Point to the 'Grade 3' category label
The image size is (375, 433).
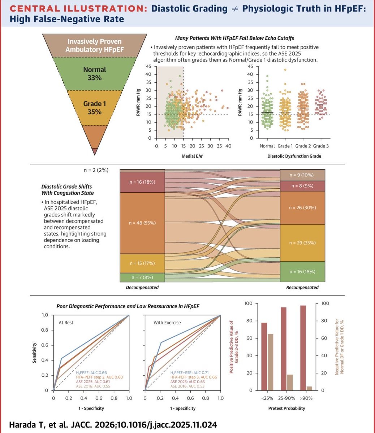321,146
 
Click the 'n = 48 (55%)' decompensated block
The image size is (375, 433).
142,223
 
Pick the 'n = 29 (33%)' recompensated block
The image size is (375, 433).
302,243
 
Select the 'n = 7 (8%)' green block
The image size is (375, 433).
142,277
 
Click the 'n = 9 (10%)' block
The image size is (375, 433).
302,175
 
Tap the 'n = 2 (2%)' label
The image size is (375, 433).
95,170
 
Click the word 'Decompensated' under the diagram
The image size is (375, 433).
142,288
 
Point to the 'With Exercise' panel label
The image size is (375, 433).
167,323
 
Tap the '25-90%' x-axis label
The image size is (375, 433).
287,398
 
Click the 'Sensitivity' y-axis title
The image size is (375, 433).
34,353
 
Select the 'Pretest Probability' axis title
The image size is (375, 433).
287,408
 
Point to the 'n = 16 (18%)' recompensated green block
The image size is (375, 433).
302,272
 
